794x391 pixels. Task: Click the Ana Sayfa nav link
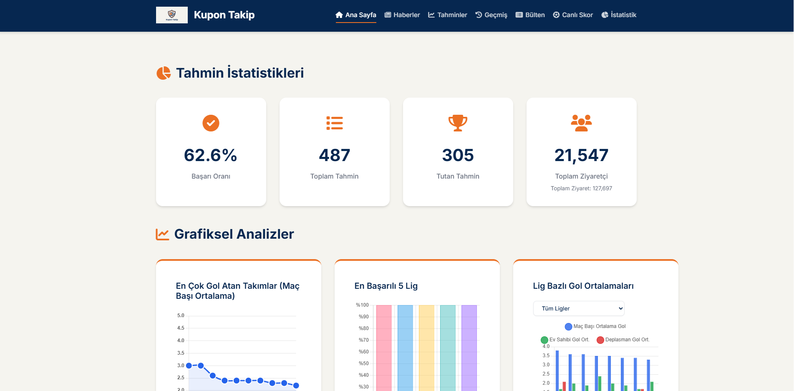pos(356,15)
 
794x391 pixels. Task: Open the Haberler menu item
pos(402,15)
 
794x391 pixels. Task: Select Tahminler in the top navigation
pos(448,15)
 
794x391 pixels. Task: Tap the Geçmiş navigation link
pos(492,15)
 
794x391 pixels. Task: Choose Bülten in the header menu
pos(530,15)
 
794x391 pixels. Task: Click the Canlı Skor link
pos(573,15)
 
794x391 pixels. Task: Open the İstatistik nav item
pos(619,15)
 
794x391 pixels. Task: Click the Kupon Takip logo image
pos(172,15)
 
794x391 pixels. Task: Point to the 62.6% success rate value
pos(211,155)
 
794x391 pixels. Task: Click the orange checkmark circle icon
pos(211,123)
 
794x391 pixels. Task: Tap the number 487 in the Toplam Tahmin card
pos(335,155)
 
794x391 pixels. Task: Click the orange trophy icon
pos(458,123)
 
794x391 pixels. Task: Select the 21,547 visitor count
pos(582,155)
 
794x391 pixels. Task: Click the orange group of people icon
pos(582,123)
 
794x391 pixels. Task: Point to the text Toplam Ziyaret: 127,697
pos(582,189)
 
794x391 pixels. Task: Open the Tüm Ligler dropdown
pos(579,308)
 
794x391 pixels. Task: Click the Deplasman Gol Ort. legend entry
pos(623,340)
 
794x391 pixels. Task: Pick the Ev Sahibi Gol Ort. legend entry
pos(565,340)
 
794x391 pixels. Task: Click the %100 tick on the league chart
pos(362,305)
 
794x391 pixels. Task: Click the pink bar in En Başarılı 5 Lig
pos(384,348)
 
